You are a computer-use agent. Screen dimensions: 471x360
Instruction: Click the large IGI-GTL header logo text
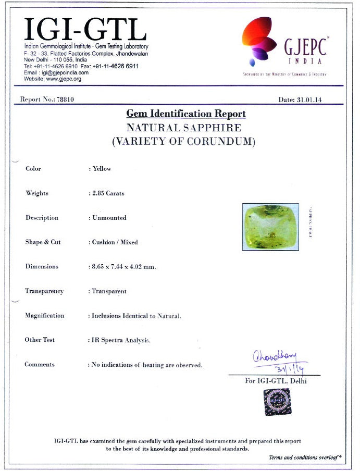click(x=85, y=30)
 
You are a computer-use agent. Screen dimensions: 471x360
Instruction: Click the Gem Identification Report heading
click(x=186, y=114)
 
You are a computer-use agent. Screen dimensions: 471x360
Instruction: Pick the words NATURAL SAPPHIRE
click(x=184, y=128)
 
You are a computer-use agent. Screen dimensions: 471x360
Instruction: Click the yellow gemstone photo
click(x=270, y=227)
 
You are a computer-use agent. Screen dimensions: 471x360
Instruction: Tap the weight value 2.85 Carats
click(x=108, y=193)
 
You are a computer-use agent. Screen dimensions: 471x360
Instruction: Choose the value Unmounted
click(x=109, y=218)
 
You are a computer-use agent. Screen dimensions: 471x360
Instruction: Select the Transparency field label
click(x=44, y=291)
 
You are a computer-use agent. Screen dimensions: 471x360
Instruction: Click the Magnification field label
click(x=45, y=316)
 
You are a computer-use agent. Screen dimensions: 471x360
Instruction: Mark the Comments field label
click(x=40, y=365)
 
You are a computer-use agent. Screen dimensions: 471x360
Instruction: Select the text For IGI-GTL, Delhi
click(x=276, y=381)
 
